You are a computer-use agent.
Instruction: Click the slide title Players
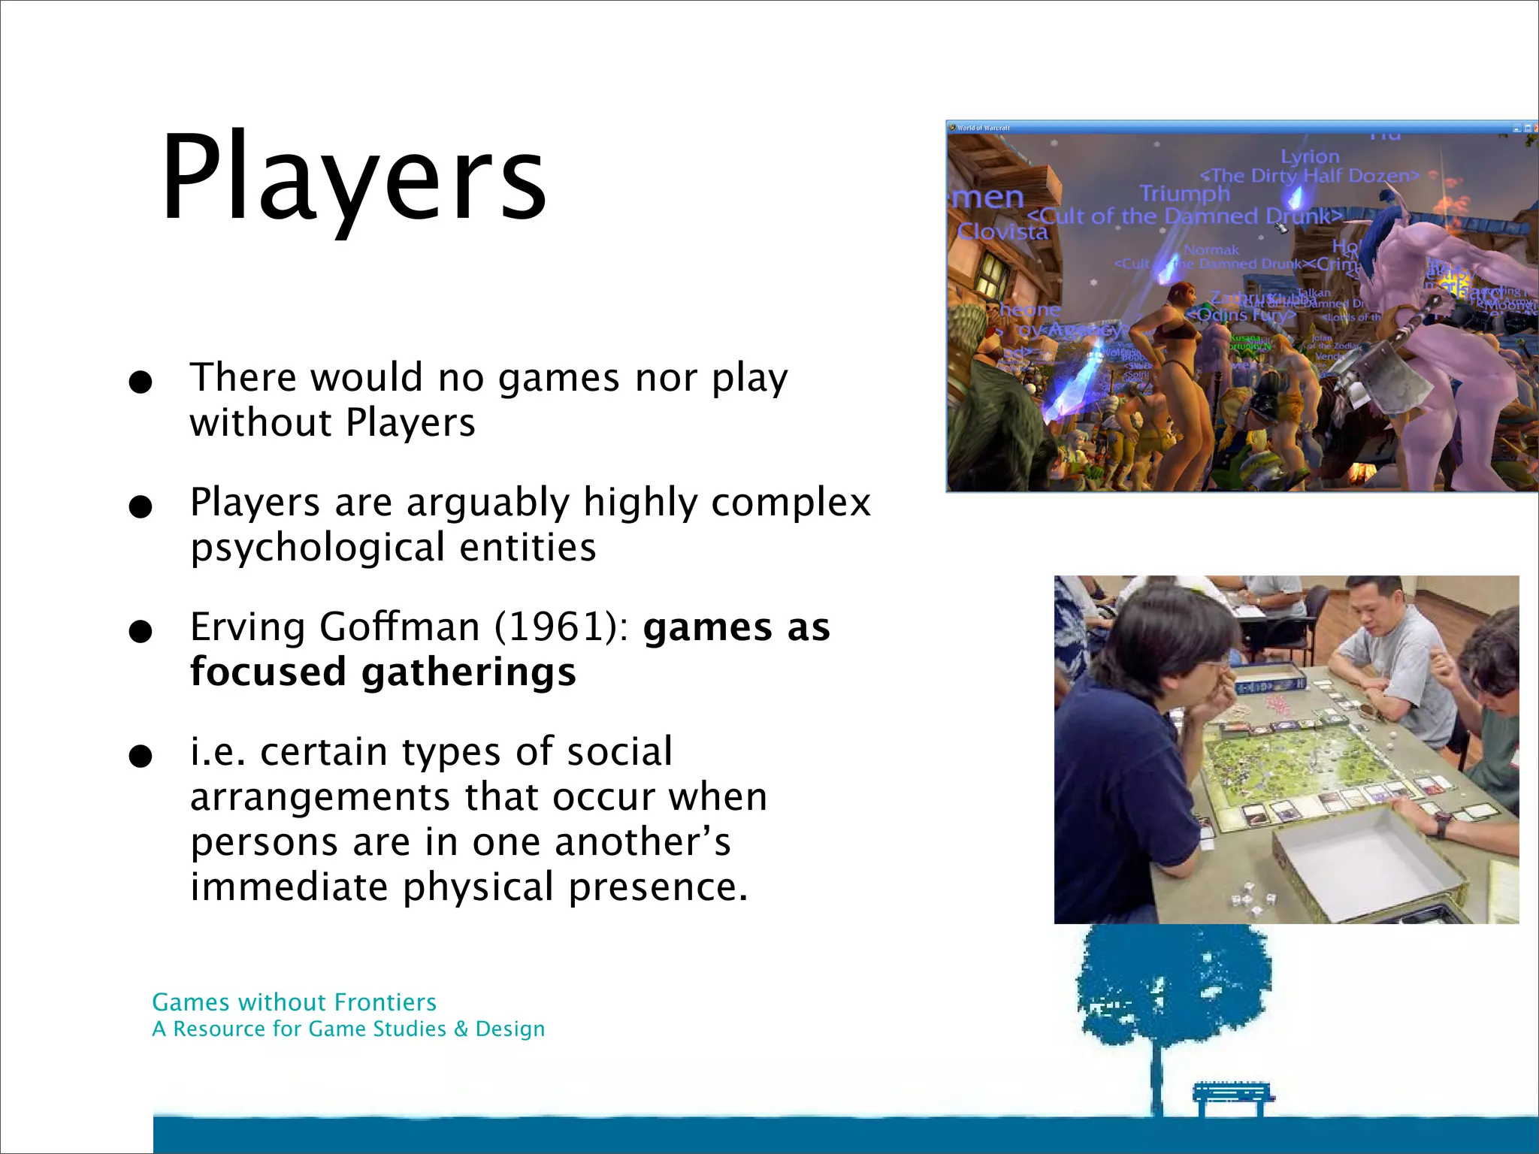click(353, 179)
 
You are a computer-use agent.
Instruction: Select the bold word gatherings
click(469, 672)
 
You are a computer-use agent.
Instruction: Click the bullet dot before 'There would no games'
click(140, 382)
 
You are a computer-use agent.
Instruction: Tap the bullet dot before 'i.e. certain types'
click(140, 756)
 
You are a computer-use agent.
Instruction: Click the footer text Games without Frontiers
click(294, 1002)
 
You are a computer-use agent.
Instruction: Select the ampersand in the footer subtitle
click(461, 1029)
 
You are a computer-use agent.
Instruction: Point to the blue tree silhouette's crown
click(1172, 984)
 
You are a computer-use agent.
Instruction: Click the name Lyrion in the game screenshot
click(1310, 156)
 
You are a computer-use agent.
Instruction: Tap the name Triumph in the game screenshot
click(1184, 194)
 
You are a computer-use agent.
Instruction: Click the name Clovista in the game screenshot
click(1002, 231)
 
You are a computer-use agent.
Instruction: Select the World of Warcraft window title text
click(984, 128)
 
